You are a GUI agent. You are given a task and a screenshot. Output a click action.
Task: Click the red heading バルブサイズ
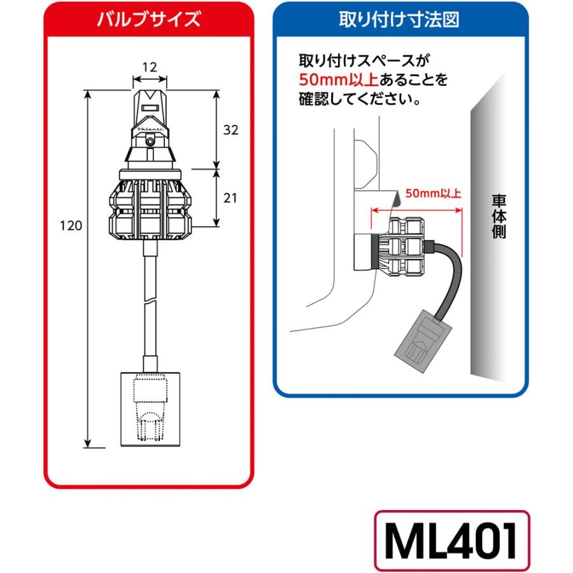tap(148, 20)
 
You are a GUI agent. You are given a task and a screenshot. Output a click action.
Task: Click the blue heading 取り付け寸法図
tap(400, 20)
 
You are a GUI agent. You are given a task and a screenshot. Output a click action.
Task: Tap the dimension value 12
tap(150, 66)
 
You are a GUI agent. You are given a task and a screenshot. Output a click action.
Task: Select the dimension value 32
tap(230, 130)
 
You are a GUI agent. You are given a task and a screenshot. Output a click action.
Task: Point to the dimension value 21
tap(230, 198)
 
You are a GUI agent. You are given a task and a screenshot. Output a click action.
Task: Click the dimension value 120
tap(71, 226)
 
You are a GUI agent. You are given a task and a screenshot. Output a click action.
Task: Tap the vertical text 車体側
tap(499, 215)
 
